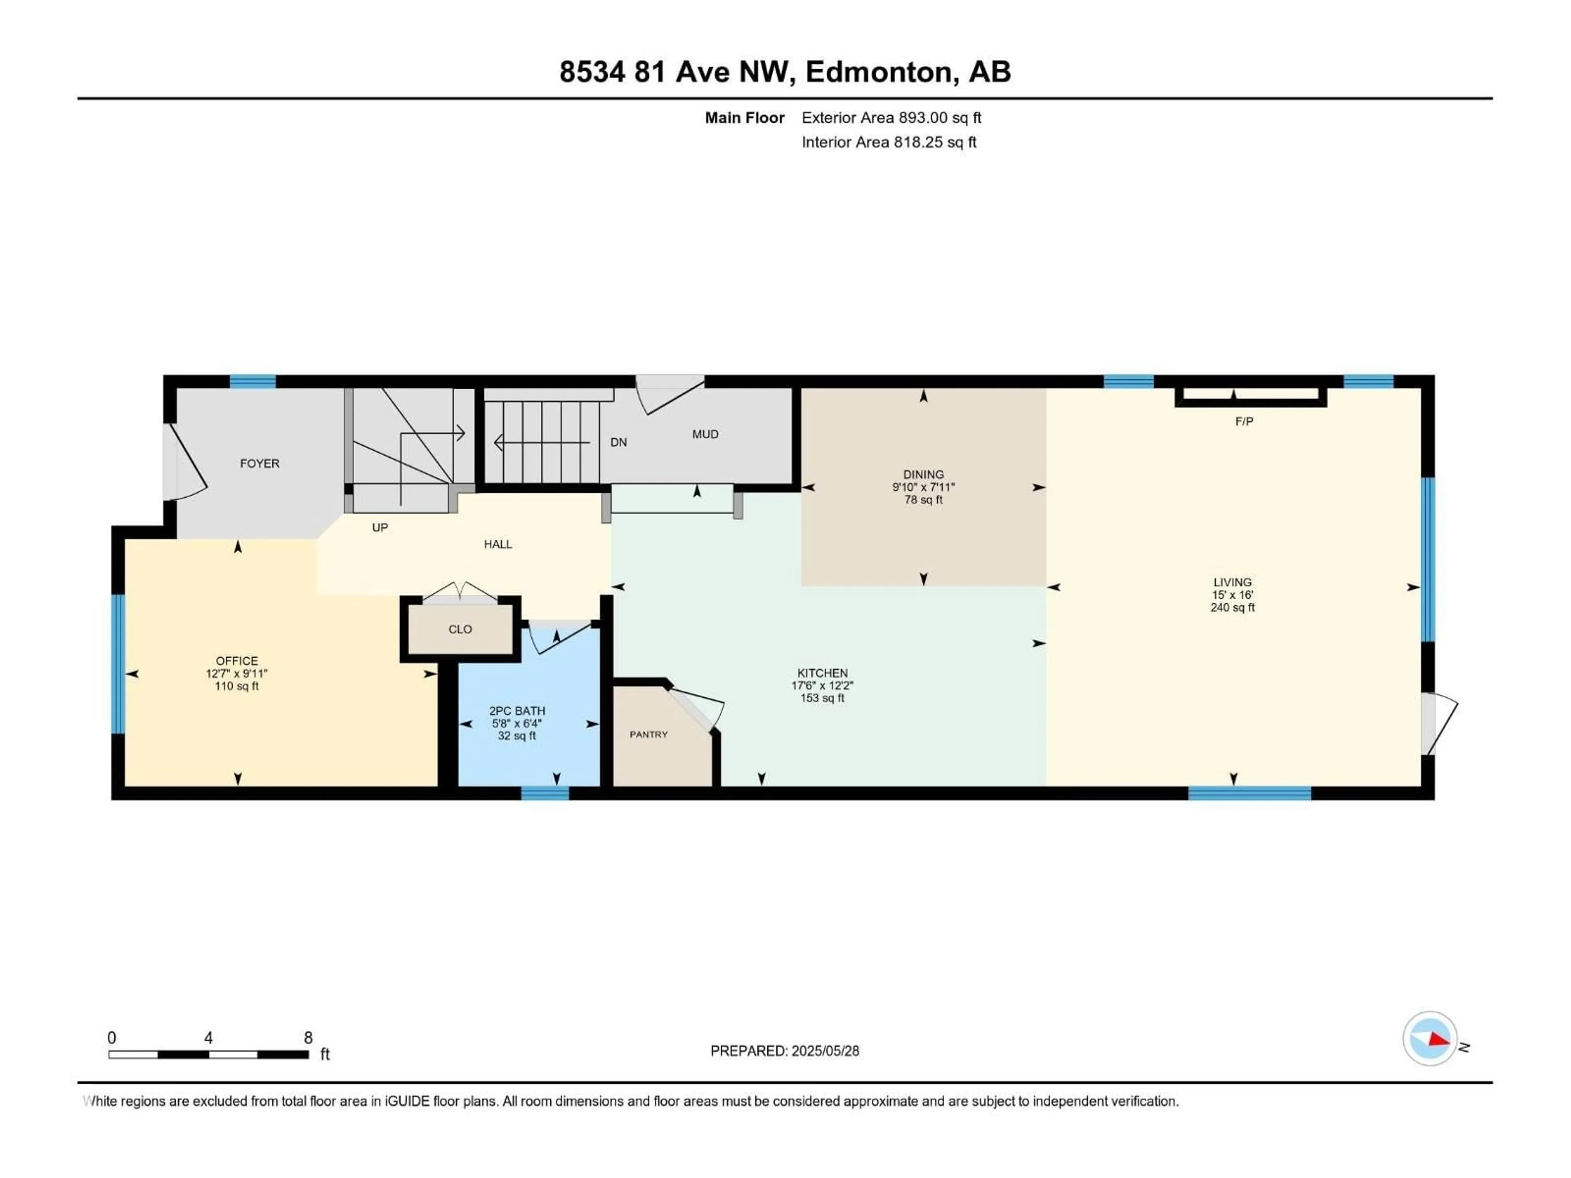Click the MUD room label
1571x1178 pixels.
(705, 434)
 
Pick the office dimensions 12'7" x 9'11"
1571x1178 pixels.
(236, 674)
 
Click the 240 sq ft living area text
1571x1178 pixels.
(1232, 608)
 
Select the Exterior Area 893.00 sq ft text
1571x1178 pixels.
(891, 118)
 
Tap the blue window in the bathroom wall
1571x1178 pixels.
(545, 793)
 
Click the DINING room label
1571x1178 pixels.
(923, 475)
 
